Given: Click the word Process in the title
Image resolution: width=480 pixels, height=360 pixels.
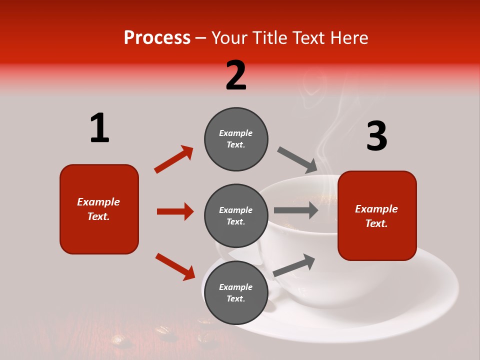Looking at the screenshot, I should point(157,38).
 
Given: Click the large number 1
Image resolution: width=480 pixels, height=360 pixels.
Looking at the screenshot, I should point(99,128).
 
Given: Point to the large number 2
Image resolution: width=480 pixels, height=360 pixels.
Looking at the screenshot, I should point(236,75).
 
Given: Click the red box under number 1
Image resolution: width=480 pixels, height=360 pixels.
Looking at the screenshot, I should point(99,209).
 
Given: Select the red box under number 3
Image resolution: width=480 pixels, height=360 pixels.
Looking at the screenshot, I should point(377,216).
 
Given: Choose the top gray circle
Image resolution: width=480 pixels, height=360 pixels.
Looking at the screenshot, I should point(236,139).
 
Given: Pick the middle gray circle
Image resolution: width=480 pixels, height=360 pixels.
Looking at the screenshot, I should point(236,215).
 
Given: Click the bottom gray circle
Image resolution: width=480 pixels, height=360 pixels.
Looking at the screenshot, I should point(236,292).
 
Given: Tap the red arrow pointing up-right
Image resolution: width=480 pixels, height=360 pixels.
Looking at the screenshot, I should point(173,159).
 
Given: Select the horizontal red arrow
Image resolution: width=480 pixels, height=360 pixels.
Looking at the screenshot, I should point(175,211).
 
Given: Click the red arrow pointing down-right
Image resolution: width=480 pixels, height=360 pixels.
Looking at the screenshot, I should point(175,266).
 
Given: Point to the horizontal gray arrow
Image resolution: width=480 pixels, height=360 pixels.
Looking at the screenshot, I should point(296,210).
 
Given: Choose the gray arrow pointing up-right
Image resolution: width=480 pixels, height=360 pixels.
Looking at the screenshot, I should point(294,265).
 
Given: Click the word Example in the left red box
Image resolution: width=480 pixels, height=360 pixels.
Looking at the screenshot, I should point(98,202).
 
